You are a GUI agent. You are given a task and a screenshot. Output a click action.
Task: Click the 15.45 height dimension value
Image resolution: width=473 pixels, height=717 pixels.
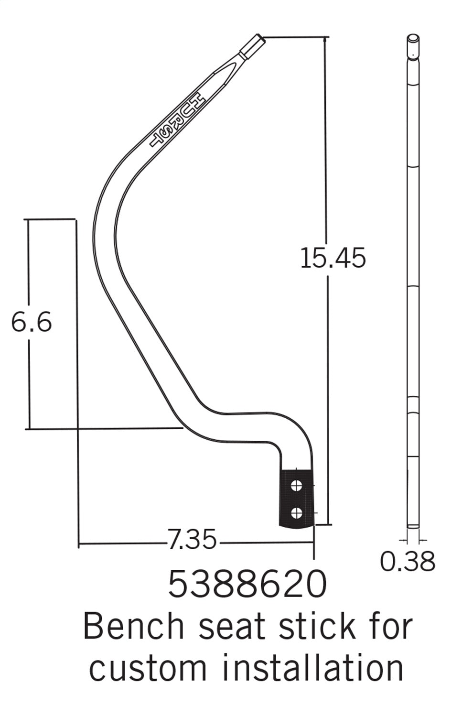click(x=333, y=258)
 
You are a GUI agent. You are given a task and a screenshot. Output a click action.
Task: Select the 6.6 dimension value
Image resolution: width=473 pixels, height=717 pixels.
click(x=31, y=323)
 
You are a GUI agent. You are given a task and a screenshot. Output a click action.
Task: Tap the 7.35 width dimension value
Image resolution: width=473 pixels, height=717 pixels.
click(x=192, y=541)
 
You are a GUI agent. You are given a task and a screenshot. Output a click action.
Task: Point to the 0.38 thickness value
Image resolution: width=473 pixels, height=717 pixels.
click(x=408, y=561)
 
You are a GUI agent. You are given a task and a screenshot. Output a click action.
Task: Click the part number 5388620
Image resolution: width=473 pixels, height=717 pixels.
click(x=247, y=585)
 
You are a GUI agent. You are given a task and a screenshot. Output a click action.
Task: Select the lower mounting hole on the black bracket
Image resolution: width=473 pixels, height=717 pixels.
click(x=296, y=513)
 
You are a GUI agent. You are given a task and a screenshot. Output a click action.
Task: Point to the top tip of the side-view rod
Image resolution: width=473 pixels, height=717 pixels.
click(x=413, y=39)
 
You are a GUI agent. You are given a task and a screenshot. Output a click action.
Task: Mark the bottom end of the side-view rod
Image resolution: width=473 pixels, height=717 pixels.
click(x=413, y=527)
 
